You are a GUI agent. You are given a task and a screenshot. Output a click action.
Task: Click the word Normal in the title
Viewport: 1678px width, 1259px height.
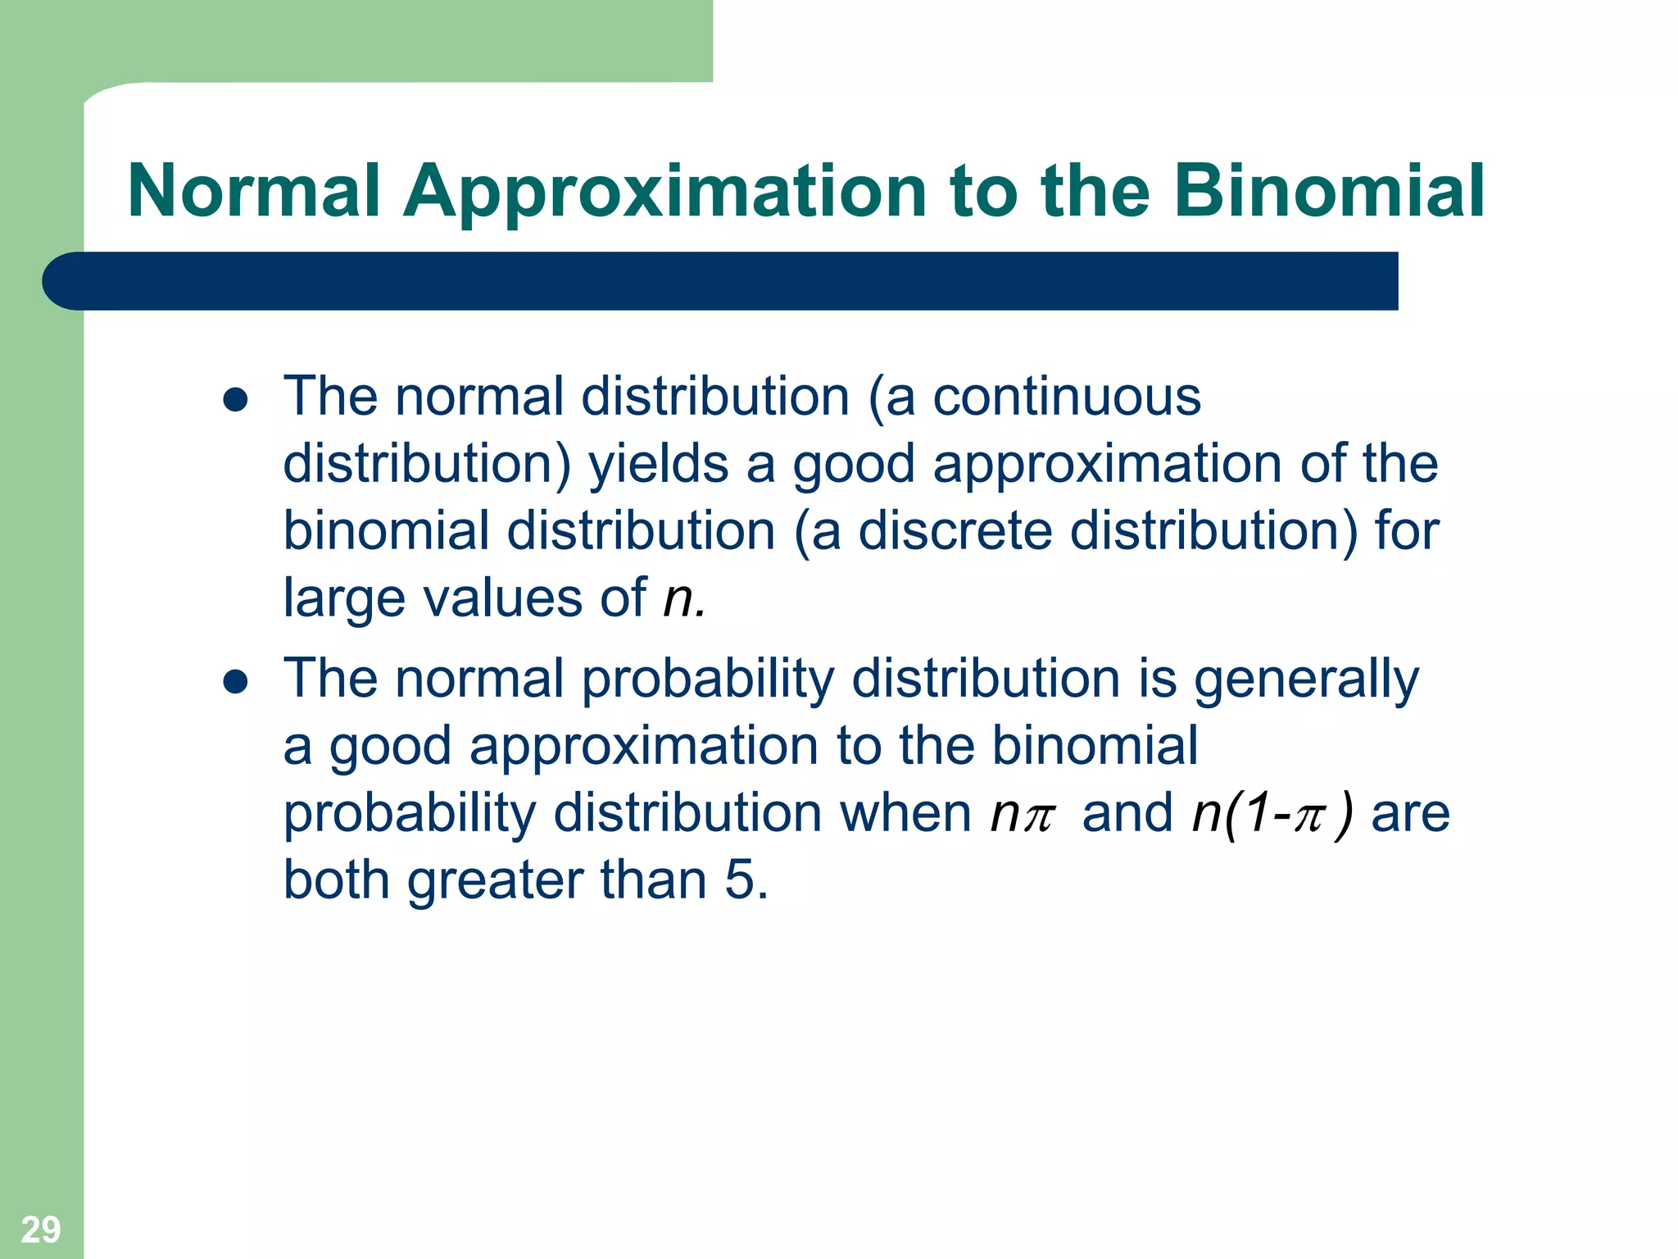[x=254, y=191]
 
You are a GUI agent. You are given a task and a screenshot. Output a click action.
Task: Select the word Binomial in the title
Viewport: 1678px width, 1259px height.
[x=1329, y=191]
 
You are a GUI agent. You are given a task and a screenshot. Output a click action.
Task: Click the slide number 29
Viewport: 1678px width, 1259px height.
[x=40, y=1229]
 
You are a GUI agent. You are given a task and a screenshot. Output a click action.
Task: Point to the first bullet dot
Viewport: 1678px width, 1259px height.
[x=235, y=399]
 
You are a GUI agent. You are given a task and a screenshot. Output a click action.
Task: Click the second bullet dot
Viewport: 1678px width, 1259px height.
[x=235, y=681]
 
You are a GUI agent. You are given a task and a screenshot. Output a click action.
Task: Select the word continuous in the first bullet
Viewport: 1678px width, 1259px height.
[x=1066, y=398]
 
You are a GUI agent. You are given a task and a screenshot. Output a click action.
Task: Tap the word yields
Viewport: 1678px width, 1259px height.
[x=659, y=465]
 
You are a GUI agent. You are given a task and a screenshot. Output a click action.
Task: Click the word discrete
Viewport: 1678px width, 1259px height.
[x=955, y=531]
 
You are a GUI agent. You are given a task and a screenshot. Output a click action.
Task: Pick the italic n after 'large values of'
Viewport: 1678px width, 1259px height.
[x=678, y=598]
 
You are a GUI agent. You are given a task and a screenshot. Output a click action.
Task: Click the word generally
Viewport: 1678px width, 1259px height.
[x=1306, y=679]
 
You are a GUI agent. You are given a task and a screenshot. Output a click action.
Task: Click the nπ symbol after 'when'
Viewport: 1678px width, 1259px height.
[x=1022, y=814]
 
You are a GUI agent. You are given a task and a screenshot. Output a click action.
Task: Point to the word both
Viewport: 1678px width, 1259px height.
[x=336, y=880]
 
